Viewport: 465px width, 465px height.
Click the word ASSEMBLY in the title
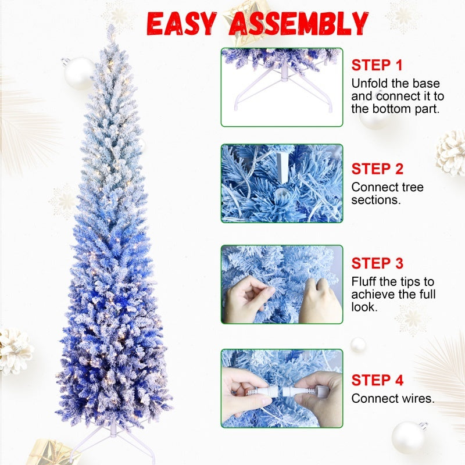299,23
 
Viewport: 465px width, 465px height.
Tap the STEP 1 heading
377,65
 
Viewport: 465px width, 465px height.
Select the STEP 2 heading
377,170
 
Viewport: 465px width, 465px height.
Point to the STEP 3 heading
377,264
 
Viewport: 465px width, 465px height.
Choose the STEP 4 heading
377,381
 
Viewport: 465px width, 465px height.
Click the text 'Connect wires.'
393,399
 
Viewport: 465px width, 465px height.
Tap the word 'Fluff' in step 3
364,282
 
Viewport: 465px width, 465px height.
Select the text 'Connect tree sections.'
387,194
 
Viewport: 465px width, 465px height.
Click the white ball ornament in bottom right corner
409,437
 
